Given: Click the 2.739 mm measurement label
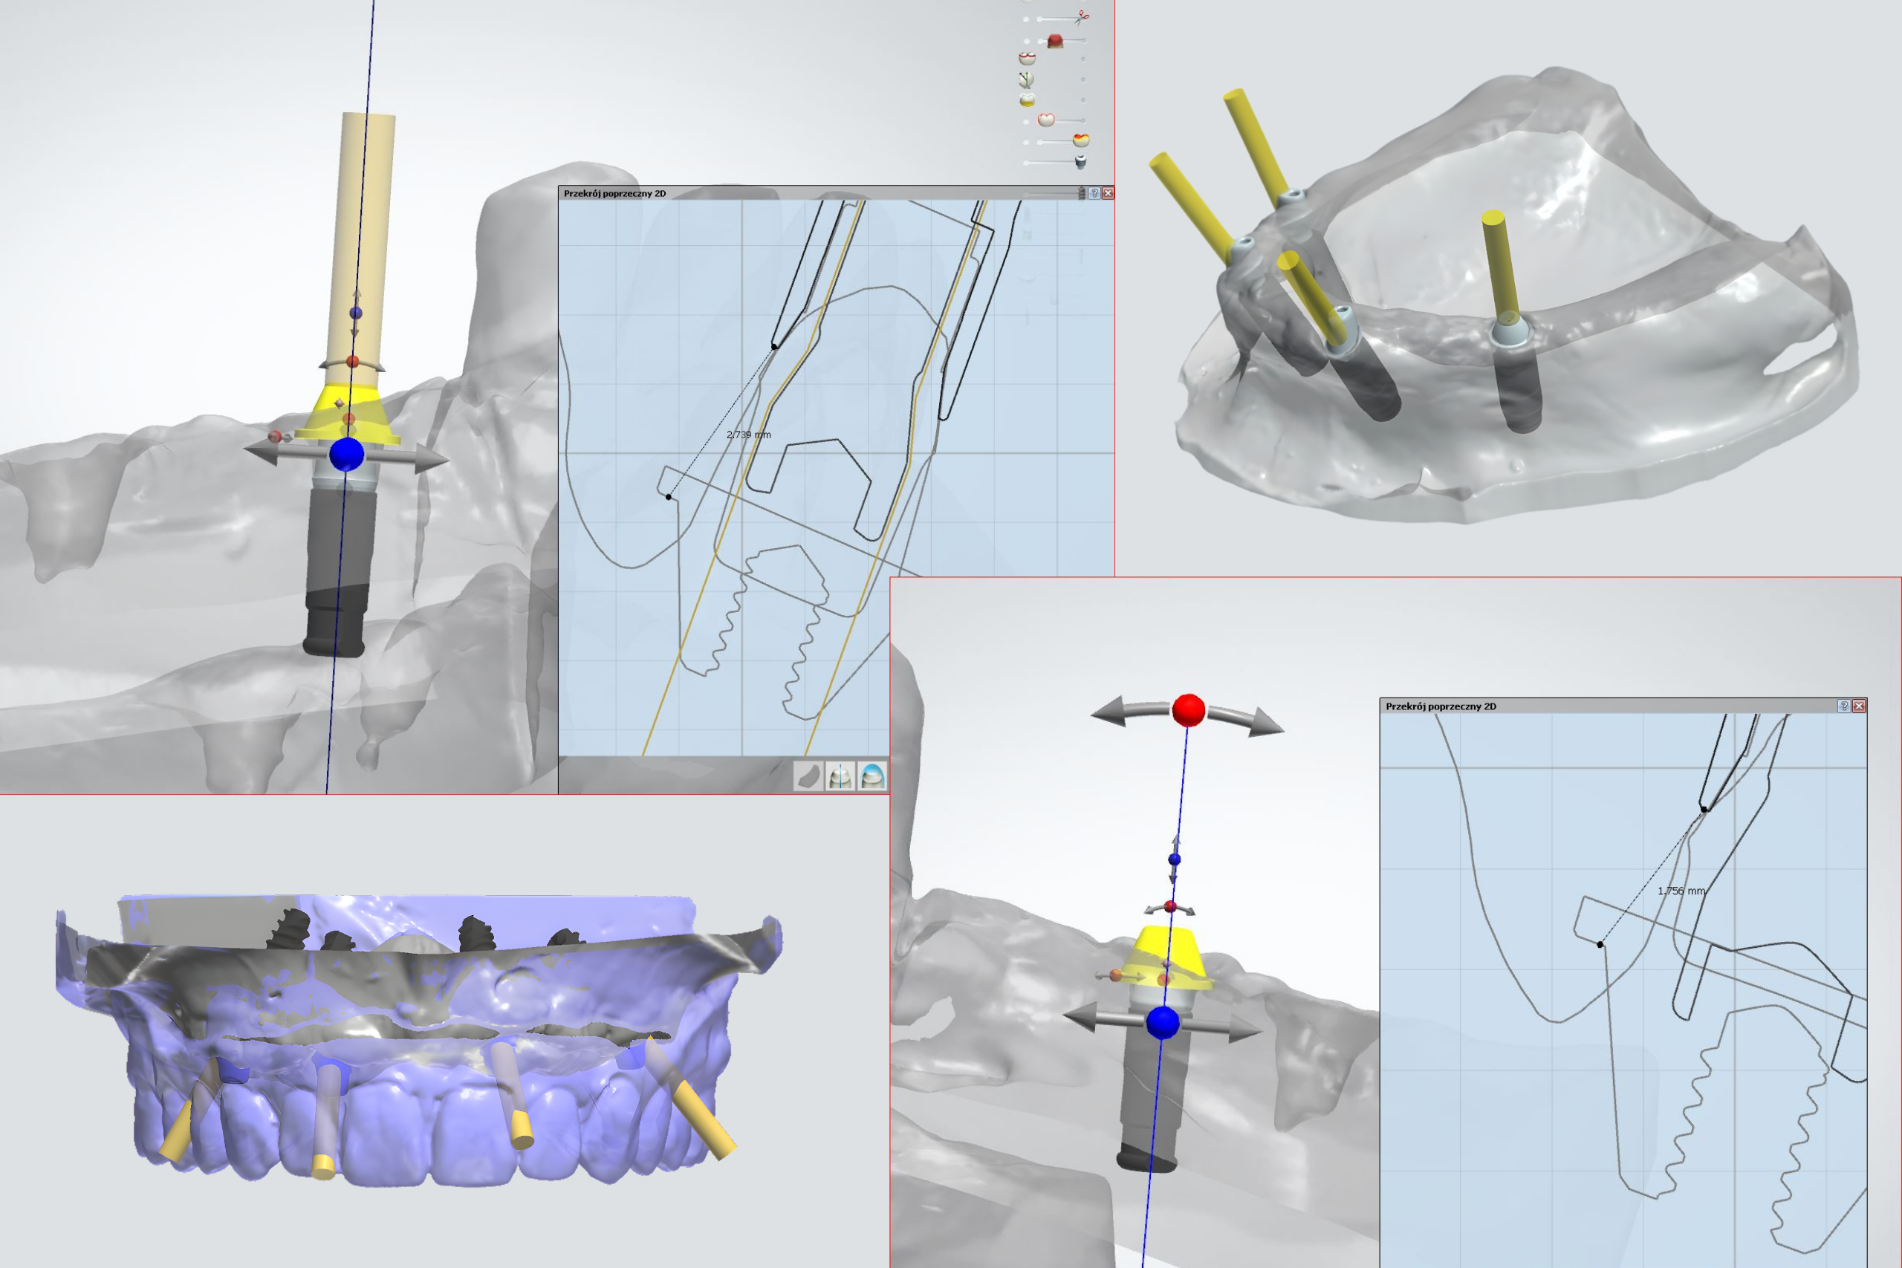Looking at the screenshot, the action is pos(748,435).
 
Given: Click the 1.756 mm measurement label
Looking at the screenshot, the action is pos(1681,891).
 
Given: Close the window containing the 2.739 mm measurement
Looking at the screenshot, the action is pos(1108,193).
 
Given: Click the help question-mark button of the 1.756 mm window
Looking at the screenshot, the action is pos(1844,706).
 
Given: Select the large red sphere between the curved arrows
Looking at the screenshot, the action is pos(1188,710).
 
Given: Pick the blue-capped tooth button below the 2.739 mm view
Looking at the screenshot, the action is pos(872,776).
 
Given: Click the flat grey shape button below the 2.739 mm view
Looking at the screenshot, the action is pos(808,776).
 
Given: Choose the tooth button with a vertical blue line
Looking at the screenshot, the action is pos(840,776).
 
